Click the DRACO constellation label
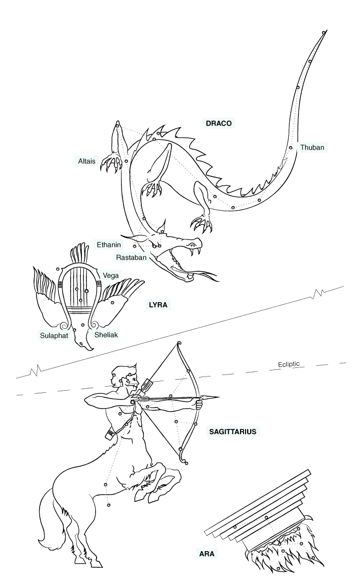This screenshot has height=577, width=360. pos(219,123)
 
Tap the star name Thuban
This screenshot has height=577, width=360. pos(312,148)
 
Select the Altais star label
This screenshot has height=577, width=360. pos(87,161)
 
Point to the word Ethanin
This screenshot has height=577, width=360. pos(109,245)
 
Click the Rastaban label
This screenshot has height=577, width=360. pos(131,257)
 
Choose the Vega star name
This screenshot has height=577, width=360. pos(111,275)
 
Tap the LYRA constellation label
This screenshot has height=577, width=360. pos(158,305)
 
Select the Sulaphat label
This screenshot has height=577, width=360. pos(54,336)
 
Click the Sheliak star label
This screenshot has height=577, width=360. pos(106,334)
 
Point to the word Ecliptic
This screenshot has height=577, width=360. pos(289,364)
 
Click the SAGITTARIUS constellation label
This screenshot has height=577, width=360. pos(233,431)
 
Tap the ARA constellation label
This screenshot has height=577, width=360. pos(206,554)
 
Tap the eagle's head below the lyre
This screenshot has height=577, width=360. pos(84,343)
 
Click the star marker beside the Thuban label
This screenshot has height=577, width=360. pos(290,148)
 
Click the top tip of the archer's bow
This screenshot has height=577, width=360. pos(179,343)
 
